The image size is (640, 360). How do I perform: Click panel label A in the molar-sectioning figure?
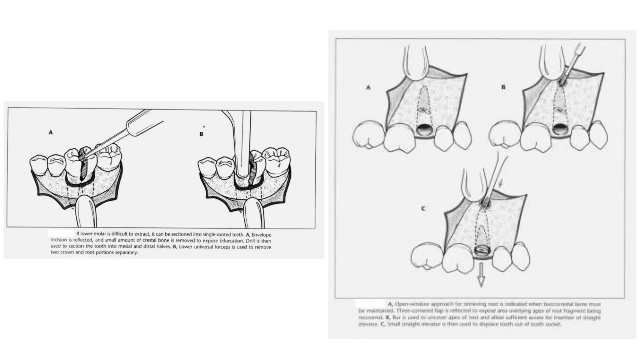[x=51, y=132]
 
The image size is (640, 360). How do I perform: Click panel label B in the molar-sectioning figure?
[x=201, y=134]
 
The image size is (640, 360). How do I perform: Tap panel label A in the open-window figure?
[x=368, y=88]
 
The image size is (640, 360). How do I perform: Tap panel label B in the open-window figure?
[x=503, y=87]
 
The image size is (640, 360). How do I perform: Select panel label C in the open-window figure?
[x=423, y=208]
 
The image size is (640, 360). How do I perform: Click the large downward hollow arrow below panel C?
[x=481, y=274]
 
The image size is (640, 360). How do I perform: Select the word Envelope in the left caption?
[x=261, y=235]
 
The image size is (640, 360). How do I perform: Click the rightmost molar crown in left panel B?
[x=276, y=158]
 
